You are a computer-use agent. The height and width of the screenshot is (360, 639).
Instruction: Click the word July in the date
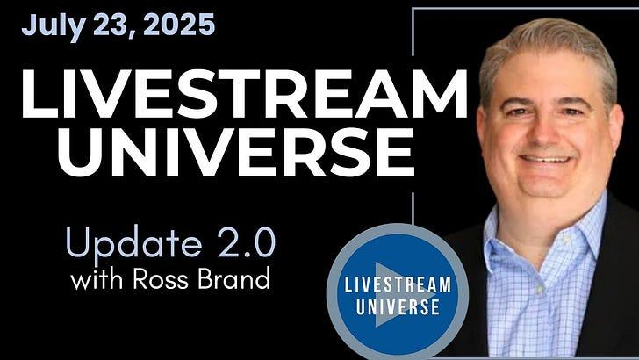coord(54,25)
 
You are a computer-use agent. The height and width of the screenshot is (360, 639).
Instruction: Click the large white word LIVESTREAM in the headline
coord(245,94)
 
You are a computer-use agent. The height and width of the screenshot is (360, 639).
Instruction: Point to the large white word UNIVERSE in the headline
coord(236,152)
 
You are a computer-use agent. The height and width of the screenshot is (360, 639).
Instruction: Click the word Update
coord(133,242)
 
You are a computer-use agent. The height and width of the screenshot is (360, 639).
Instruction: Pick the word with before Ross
coord(97,280)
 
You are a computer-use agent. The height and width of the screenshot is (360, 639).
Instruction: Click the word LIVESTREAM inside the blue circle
coord(398,284)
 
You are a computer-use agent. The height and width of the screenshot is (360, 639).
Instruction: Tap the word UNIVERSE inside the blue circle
coord(398,306)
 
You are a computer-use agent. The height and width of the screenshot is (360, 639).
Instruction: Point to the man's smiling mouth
coord(545,160)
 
